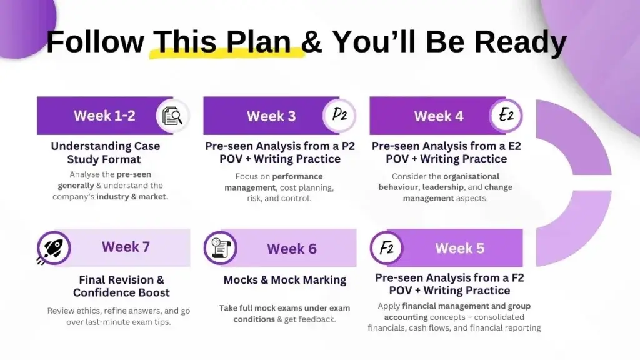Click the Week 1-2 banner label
tap(104, 116)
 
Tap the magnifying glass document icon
tap(172, 116)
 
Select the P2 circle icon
tap(339, 116)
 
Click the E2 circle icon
tap(506, 116)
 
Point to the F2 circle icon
tap(387, 248)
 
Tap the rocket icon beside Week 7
tap(54, 248)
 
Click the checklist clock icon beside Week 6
tap(220, 248)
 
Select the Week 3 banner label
tap(271, 116)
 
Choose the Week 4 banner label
tap(439, 116)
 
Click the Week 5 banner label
tap(459, 248)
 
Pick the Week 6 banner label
tap(292, 249)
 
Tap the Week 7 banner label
tap(126, 247)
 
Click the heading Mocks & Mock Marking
tap(285, 280)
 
